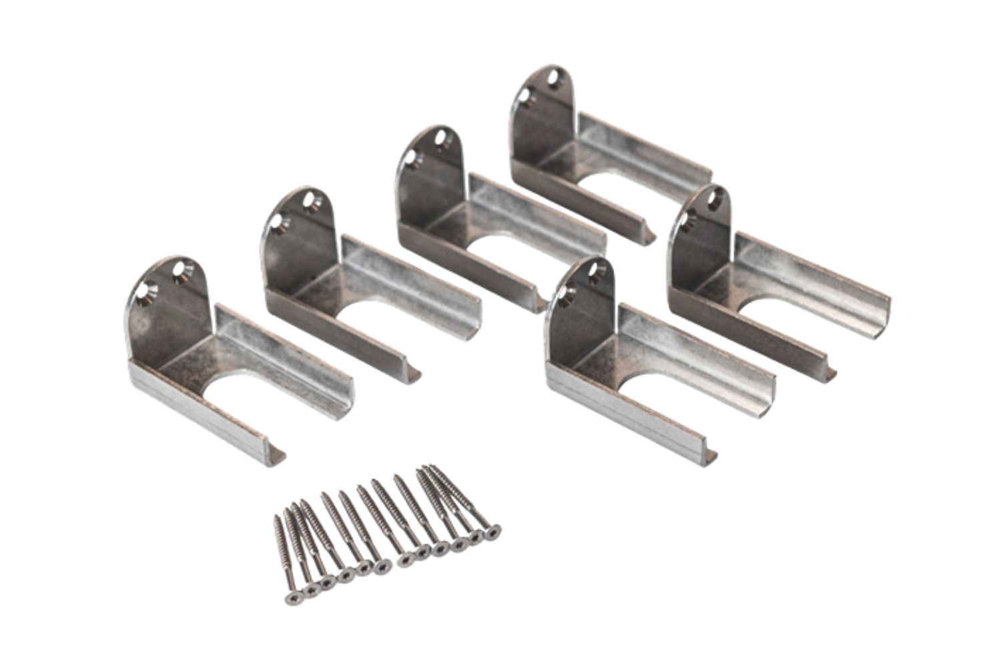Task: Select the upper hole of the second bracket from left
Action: coord(310,199)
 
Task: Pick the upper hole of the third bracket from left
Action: coord(440,139)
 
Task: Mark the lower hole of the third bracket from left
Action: coord(408,159)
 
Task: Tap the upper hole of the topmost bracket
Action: coord(553,79)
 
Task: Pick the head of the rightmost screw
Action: coord(492,531)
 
